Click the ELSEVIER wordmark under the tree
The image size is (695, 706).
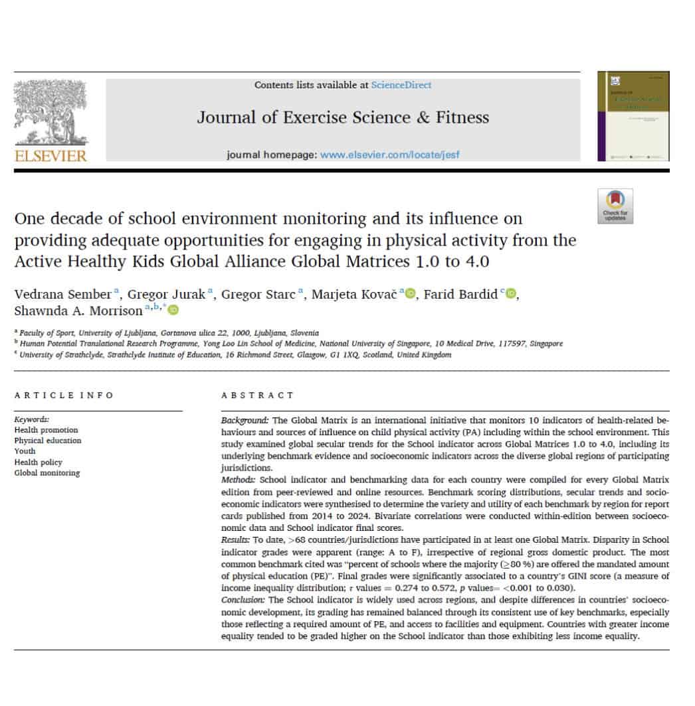(51, 156)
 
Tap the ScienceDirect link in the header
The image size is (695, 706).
(401, 85)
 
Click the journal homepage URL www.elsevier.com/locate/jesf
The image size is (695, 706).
(389, 155)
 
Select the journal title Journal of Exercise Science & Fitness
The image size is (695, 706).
(343, 118)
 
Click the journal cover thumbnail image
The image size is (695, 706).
(633, 116)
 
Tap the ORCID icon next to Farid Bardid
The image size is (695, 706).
(510, 295)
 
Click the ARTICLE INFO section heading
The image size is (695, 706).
(64, 395)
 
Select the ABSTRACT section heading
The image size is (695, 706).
(258, 395)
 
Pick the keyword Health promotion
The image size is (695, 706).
(46, 430)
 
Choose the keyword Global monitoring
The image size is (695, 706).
(47, 473)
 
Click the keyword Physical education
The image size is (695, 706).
(48, 441)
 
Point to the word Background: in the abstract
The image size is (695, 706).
(245, 421)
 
